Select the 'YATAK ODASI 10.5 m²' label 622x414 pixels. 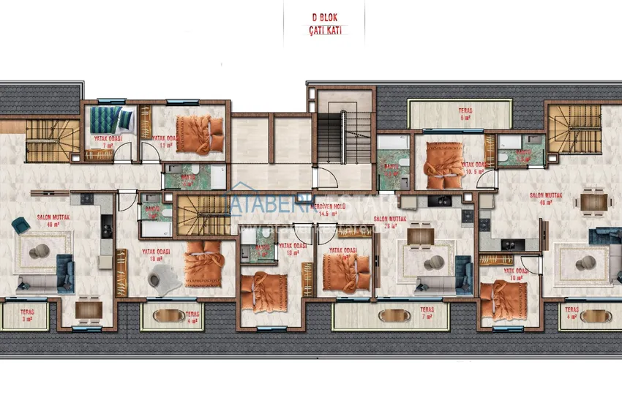tap(475, 169)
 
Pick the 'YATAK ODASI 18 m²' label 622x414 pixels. tap(156, 255)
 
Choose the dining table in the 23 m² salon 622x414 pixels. tap(420, 236)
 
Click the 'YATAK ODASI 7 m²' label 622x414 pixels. tap(108, 141)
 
